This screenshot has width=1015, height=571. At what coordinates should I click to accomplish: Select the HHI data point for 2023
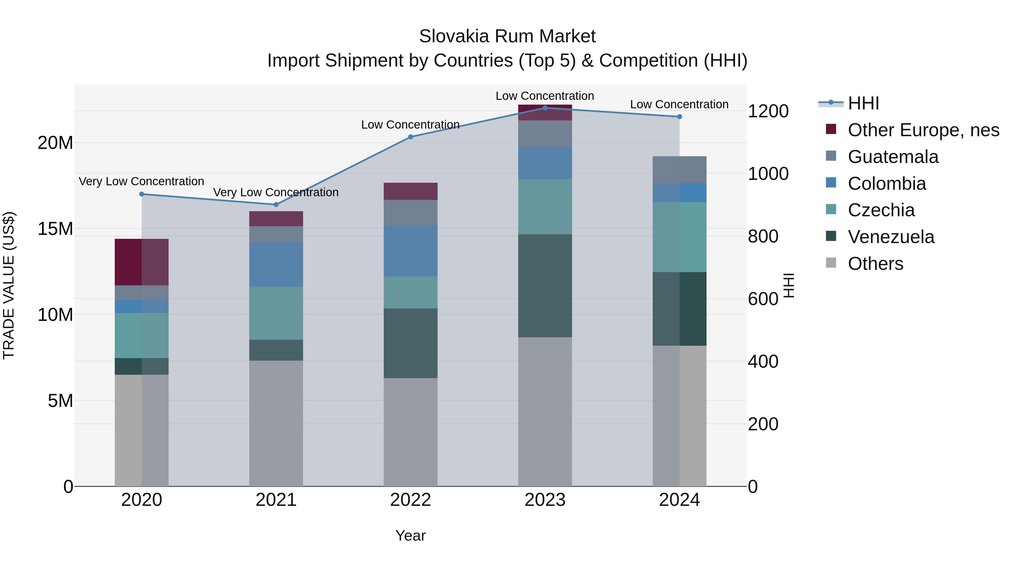point(545,108)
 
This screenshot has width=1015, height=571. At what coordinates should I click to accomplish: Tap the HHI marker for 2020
point(142,194)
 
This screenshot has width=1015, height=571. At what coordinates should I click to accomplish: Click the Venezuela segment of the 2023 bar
point(545,285)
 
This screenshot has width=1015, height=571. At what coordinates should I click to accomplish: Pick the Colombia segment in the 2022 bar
point(410,251)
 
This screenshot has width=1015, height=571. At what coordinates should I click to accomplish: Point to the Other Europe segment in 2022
point(410,191)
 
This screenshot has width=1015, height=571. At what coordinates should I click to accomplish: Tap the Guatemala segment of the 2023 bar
point(545,134)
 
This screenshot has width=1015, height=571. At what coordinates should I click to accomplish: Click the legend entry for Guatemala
point(893,157)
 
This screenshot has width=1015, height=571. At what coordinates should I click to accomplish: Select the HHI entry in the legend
point(863,103)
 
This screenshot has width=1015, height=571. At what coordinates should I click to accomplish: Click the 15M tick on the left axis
point(55,229)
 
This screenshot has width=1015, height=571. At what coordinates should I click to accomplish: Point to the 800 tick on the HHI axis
point(763,237)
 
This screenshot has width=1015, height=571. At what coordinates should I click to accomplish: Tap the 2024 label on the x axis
point(679,500)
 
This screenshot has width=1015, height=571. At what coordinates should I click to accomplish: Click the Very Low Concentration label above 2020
point(142,181)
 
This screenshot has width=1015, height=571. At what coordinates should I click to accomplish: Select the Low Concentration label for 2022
point(410,125)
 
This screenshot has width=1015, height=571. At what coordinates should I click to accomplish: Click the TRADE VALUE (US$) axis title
point(9,285)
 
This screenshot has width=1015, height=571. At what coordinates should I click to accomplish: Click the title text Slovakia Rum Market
point(507,36)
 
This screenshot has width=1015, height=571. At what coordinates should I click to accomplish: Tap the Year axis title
point(410,535)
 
